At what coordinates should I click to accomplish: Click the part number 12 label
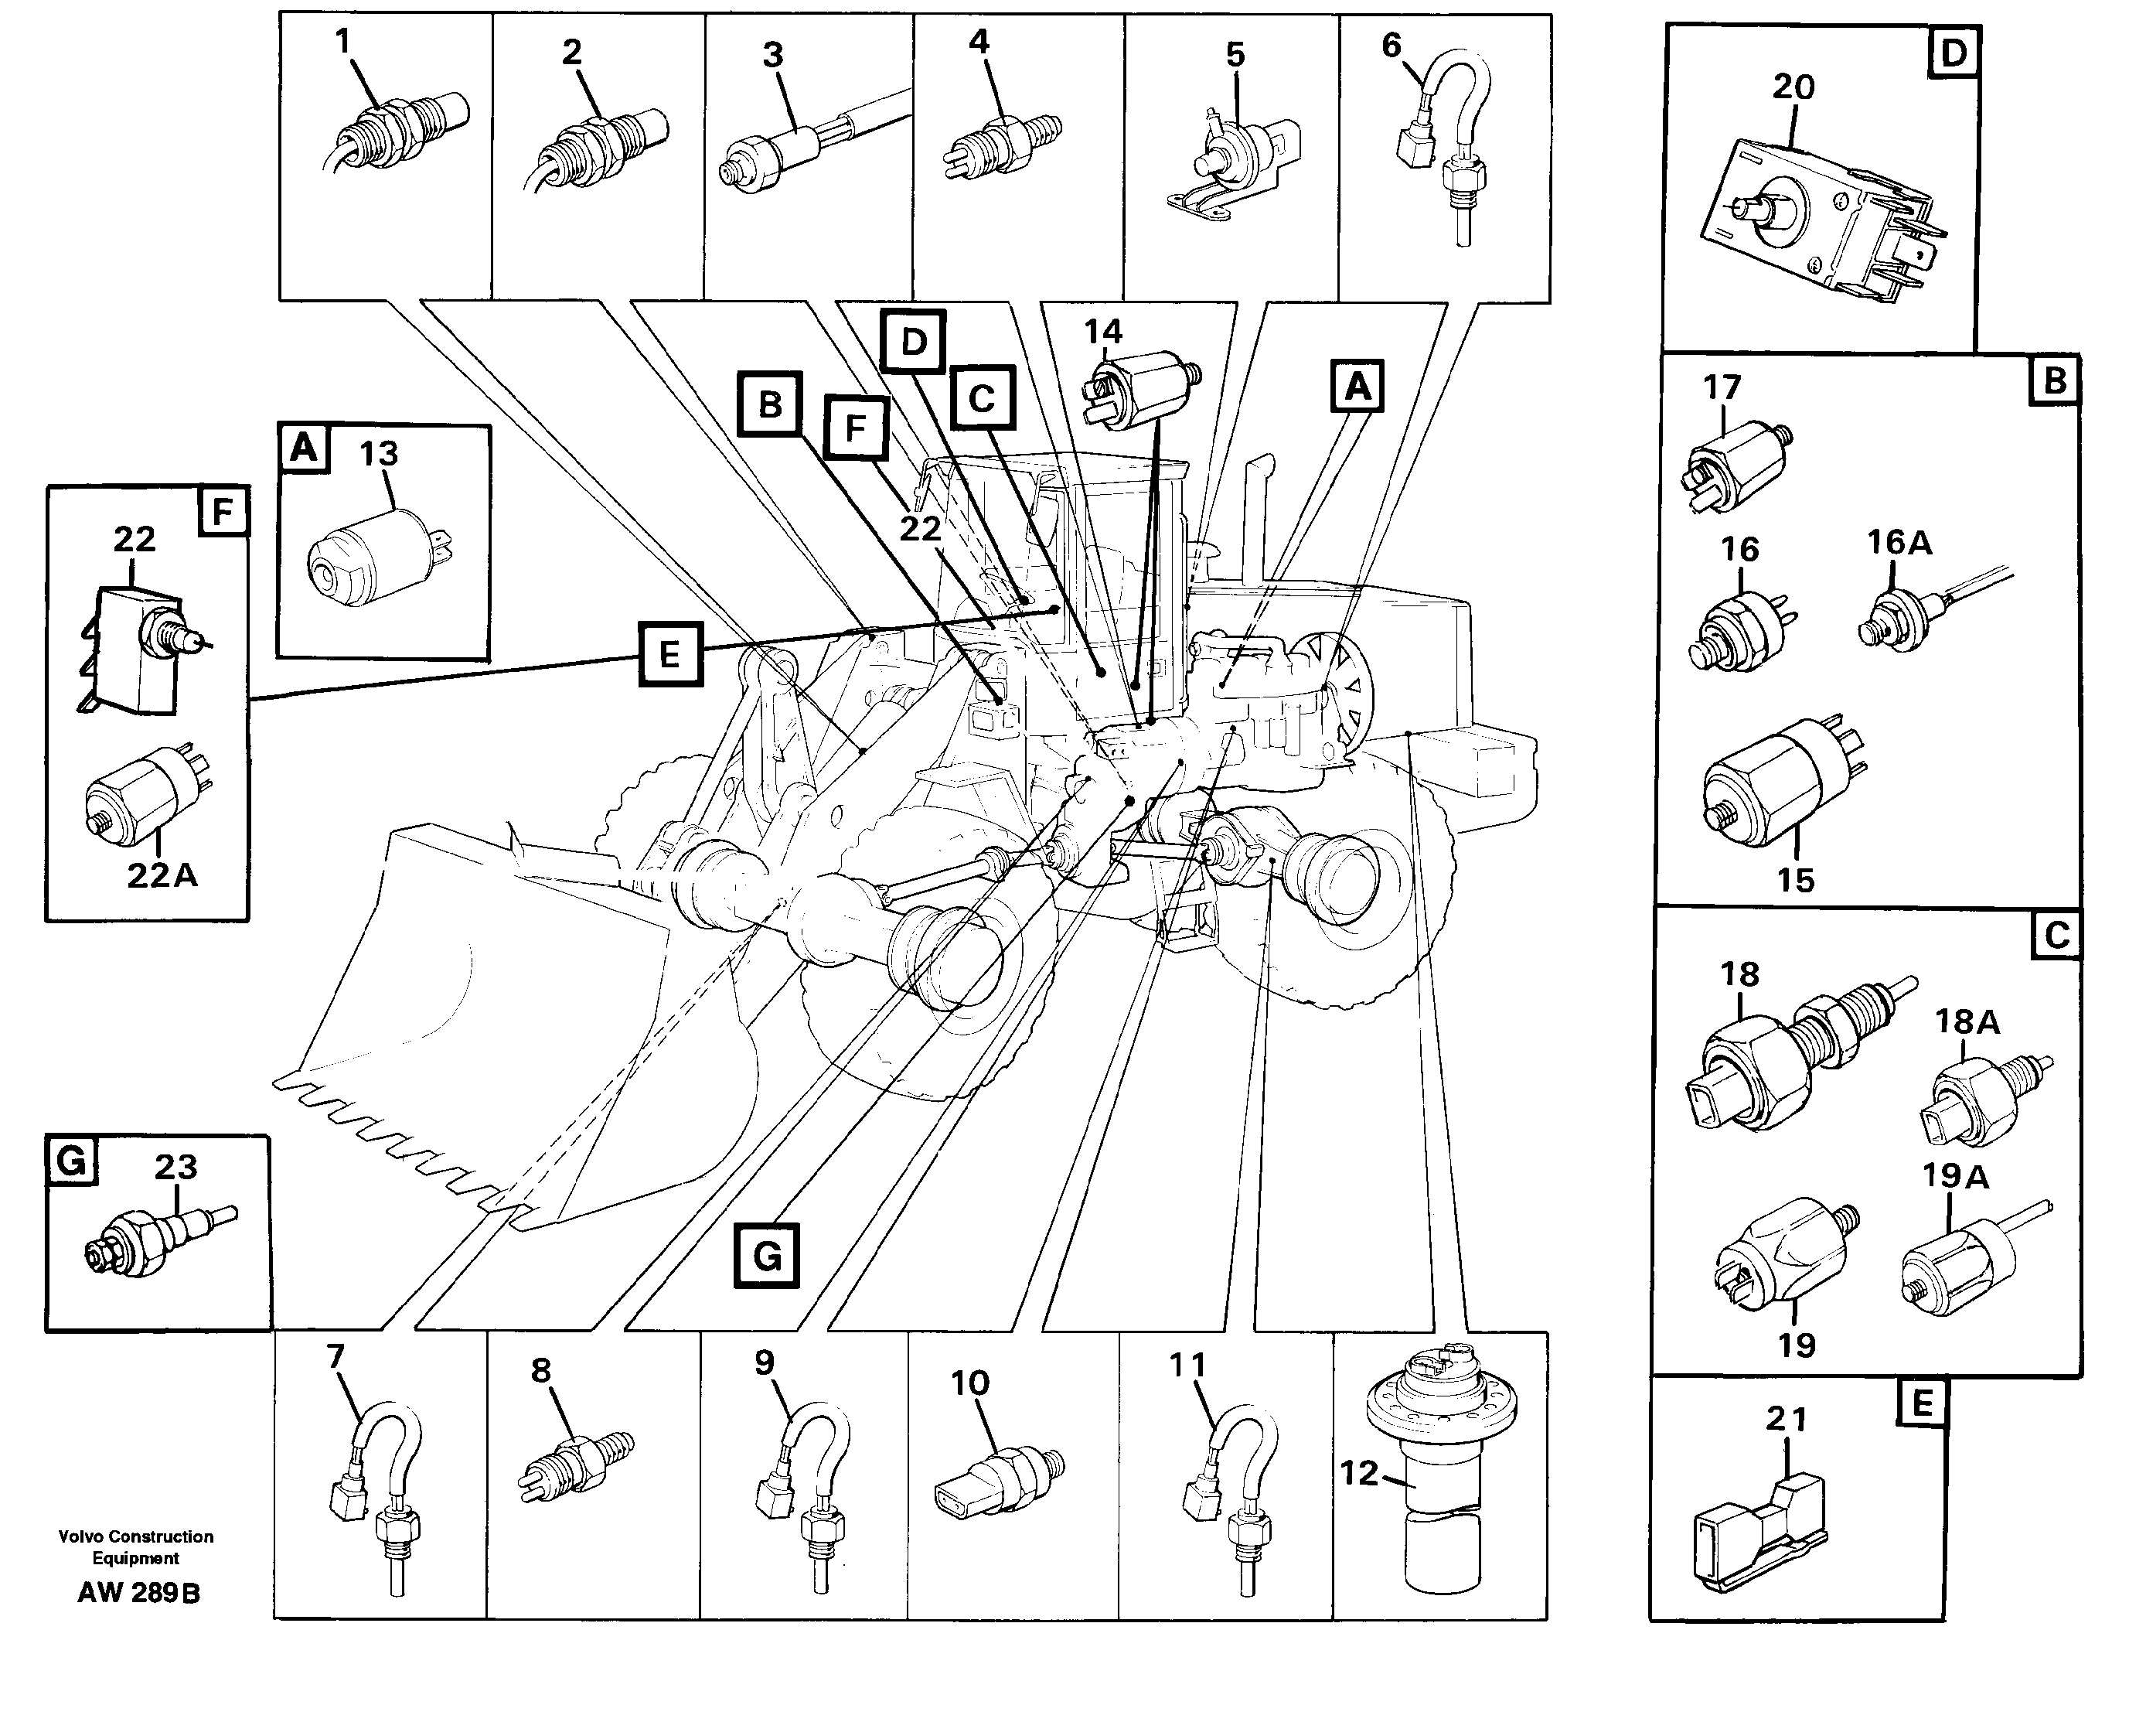(x=1357, y=1474)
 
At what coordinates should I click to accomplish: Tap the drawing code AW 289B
(x=139, y=1593)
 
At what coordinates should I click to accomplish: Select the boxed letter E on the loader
(x=669, y=655)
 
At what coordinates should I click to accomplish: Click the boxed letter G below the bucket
(x=767, y=1256)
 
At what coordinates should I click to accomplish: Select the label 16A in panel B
(x=1899, y=543)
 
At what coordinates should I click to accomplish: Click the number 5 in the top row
(x=1235, y=56)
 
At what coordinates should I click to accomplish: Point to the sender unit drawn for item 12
(x=1442, y=1468)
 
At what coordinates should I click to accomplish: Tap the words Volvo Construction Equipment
(x=136, y=1547)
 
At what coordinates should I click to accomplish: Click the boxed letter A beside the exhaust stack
(x=1357, y=386)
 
